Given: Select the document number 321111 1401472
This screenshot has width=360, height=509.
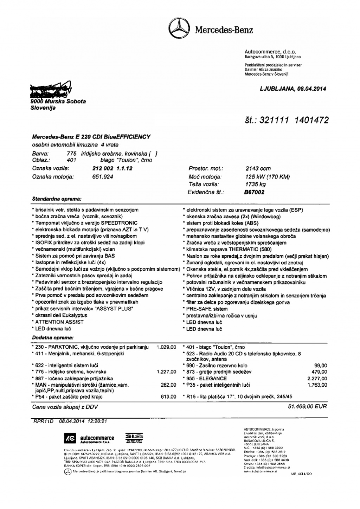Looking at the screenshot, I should [x=294, y=121].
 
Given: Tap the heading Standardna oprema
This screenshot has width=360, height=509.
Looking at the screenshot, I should [x=57, y=199].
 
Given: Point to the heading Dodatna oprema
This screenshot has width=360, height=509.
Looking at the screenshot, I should [x=53, y=337].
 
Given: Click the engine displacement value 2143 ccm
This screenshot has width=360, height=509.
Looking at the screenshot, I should [x=258, y=169].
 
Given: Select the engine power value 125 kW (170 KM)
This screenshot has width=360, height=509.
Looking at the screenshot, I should [x=268, y=177].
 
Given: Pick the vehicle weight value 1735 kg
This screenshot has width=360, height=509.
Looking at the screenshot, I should [x=256, y=184].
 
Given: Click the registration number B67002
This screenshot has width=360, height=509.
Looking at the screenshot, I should [x=255, y=192].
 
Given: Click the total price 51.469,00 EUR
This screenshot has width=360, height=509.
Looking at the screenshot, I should [x=307, y=406].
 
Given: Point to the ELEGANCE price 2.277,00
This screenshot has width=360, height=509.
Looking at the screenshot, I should [x=317, y=379].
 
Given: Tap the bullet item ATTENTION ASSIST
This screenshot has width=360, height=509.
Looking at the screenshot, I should [x=59, y=322].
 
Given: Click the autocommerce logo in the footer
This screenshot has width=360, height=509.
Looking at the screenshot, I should [x=89, y=438].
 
